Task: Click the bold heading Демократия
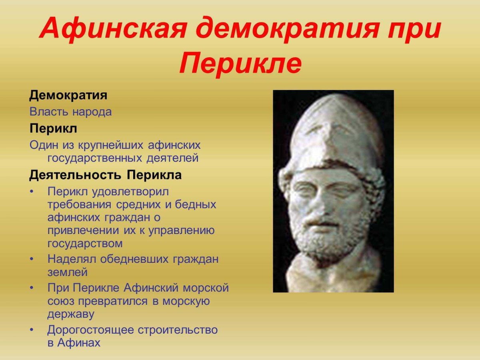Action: click(x=68, y=96)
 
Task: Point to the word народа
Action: click(x=92, y=112)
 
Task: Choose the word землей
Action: click(x=67, y=272)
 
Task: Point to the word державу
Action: click(x=71, y=314)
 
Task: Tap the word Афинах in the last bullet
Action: click(x=79, y=343)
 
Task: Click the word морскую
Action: click(x=186, y=301)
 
